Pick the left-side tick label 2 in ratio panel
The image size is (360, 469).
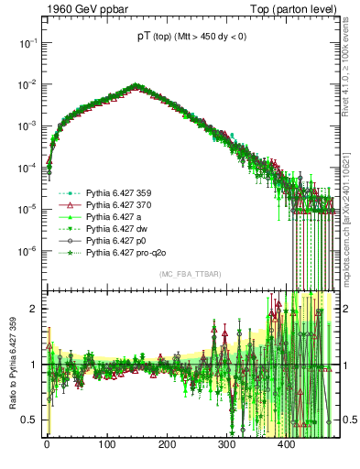pos(36,309)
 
